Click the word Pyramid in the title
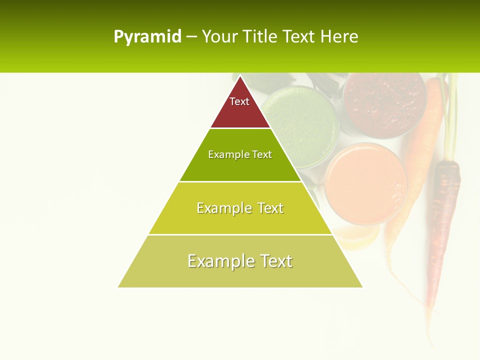click(147, 37)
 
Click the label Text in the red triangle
click(239, 101)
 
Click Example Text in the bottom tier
click(240, 261)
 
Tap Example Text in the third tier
click(240, 208)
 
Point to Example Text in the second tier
click(240, 154)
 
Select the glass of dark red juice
click(384, 102)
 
